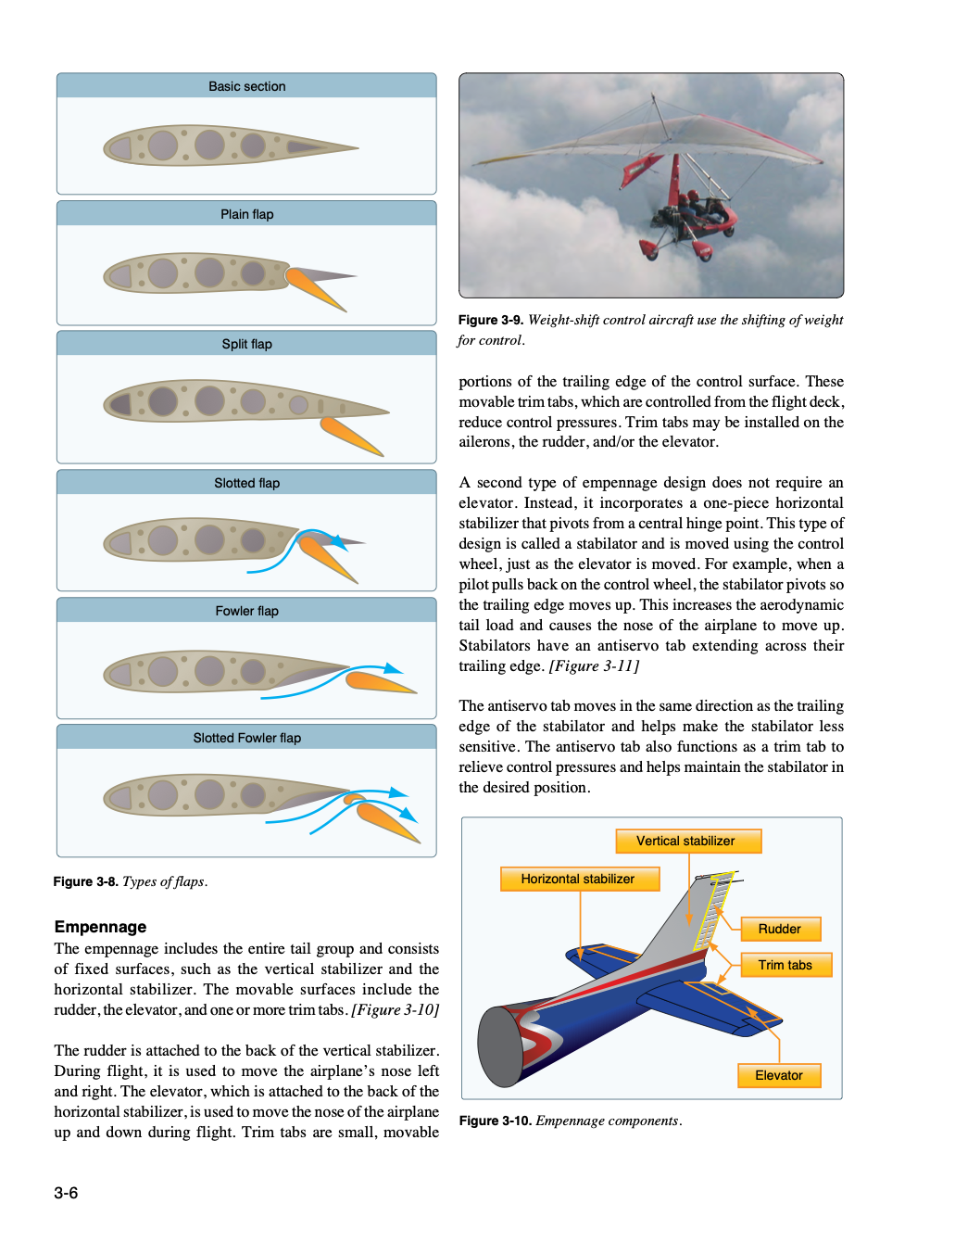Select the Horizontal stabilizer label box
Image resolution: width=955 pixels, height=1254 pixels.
(x=579, y=879)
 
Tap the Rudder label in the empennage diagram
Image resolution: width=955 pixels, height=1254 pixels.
(x=780, y=929)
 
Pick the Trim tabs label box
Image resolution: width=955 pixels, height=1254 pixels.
(x=785, y=965)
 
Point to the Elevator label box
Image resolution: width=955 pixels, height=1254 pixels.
(x=779, y=1075)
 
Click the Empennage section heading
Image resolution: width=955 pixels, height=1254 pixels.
(x=100, y=927)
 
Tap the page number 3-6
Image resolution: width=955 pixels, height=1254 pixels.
(x=66, y=1193)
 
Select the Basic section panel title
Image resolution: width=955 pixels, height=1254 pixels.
(x=246, y=86)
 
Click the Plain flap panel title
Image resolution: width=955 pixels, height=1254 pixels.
(x=246, y=214)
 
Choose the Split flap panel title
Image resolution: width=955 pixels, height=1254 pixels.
(x=246, y=344)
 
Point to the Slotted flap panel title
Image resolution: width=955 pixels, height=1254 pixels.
(x=246, y=483)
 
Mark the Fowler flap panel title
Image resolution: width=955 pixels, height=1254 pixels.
(x=246, y=611)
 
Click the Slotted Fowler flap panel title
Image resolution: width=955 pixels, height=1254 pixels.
(x=246, y=738)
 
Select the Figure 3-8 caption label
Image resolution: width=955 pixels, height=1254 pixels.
(x=85, y=881)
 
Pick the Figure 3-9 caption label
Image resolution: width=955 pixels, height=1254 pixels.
(x=491, y=320)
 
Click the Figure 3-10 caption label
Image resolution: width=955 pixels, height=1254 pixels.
(x=495, y=1121)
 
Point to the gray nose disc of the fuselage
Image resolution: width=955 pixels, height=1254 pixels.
(x=500, y=1046)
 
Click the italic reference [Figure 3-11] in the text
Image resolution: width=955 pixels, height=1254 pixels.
(x=594, y=665)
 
